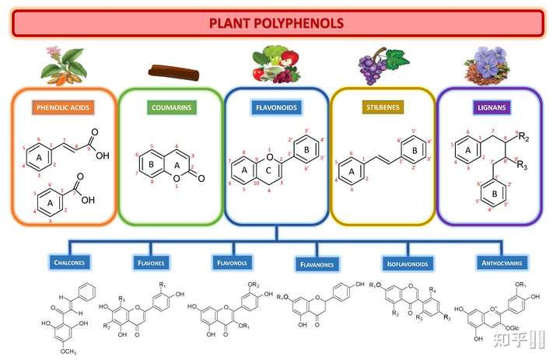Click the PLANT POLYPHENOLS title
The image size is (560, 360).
coord(277,23)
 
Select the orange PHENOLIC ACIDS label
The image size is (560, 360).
coord(65,107)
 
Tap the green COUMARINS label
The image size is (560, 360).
coord(171,107)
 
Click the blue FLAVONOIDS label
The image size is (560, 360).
coord(276,107)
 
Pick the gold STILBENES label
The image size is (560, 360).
coord(382,107)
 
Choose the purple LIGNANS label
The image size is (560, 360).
coord(488,107)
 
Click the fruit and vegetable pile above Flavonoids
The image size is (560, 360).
coord(276,65)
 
